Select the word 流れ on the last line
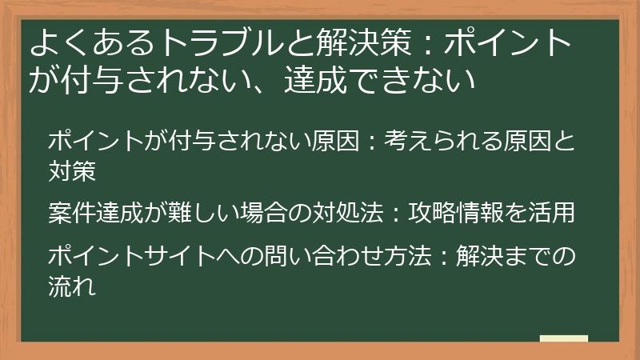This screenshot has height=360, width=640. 72,285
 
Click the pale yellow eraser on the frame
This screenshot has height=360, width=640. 563,338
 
